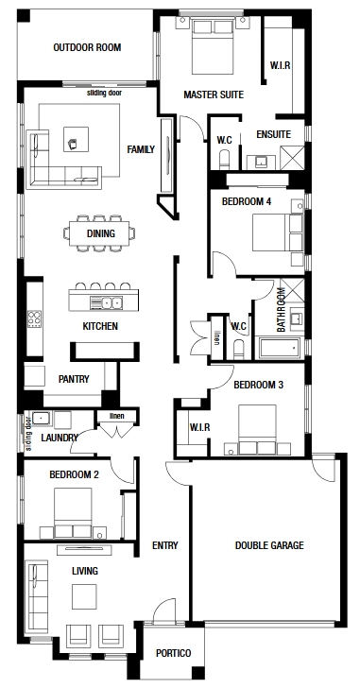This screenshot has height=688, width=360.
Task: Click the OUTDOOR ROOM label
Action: (87, 47)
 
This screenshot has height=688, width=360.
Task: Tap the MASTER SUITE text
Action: (214, 95)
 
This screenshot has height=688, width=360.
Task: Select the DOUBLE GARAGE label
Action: (269, 545)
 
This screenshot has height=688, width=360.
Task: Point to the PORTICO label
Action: (174, 653)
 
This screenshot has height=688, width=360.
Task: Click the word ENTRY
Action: (164, 545)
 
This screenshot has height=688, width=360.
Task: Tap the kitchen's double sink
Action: (106, 302)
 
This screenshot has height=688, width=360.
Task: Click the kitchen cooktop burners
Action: (34, 319)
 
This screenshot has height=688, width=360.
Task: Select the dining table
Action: (99, 233)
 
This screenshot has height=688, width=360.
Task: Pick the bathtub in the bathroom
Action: (279, 349)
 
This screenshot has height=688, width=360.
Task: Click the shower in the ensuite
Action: (292, 158)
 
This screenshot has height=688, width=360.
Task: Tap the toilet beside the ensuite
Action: (224, 160)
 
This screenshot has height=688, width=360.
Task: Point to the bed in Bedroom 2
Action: (73, 513)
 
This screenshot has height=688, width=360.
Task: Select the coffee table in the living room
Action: (84, 596)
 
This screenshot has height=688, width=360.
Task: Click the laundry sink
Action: (42, 419)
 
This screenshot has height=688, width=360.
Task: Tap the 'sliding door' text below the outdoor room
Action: (104, 93)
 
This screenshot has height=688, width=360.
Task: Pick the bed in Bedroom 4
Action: (278, 232)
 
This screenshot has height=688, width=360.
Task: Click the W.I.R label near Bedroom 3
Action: (199, 427)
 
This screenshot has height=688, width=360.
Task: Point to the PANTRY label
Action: (74, 379)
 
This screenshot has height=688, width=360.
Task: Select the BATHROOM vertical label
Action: (281, 309)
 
